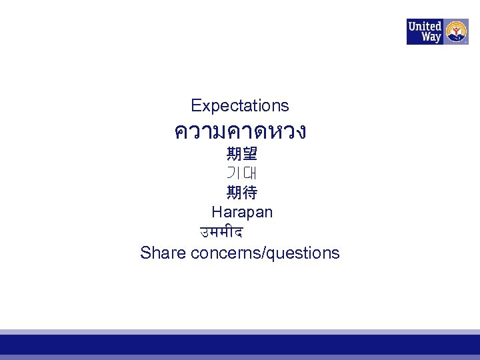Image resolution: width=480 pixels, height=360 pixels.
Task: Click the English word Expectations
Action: (239, 105)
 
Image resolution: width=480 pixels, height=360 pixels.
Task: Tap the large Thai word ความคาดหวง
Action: (240, 131)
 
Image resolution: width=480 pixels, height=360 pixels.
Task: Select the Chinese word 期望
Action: (241, 155)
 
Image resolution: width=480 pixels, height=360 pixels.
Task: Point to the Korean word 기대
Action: (241, 173)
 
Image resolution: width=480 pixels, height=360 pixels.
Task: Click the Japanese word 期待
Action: (241, 193)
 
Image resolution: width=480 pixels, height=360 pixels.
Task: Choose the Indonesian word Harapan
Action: (242, 213)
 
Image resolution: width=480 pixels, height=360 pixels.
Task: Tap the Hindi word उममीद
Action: (221, 233)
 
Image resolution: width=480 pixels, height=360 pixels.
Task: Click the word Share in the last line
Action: (163, 253)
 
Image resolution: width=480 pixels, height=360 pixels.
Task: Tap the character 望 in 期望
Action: (250, 155)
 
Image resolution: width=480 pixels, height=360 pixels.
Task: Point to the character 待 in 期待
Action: (250, 193)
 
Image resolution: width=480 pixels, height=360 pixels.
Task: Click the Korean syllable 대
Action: (250, 173)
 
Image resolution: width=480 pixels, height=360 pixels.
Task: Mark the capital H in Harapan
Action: (217, 213)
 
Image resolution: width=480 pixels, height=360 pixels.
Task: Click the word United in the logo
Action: (425, 27)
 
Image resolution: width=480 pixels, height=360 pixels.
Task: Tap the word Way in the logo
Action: (431, 37)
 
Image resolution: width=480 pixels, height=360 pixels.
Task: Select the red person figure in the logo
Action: (457, 29)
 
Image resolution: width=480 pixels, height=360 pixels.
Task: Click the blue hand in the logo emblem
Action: (457, 38)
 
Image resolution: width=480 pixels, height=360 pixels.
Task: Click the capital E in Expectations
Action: (195, 105)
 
